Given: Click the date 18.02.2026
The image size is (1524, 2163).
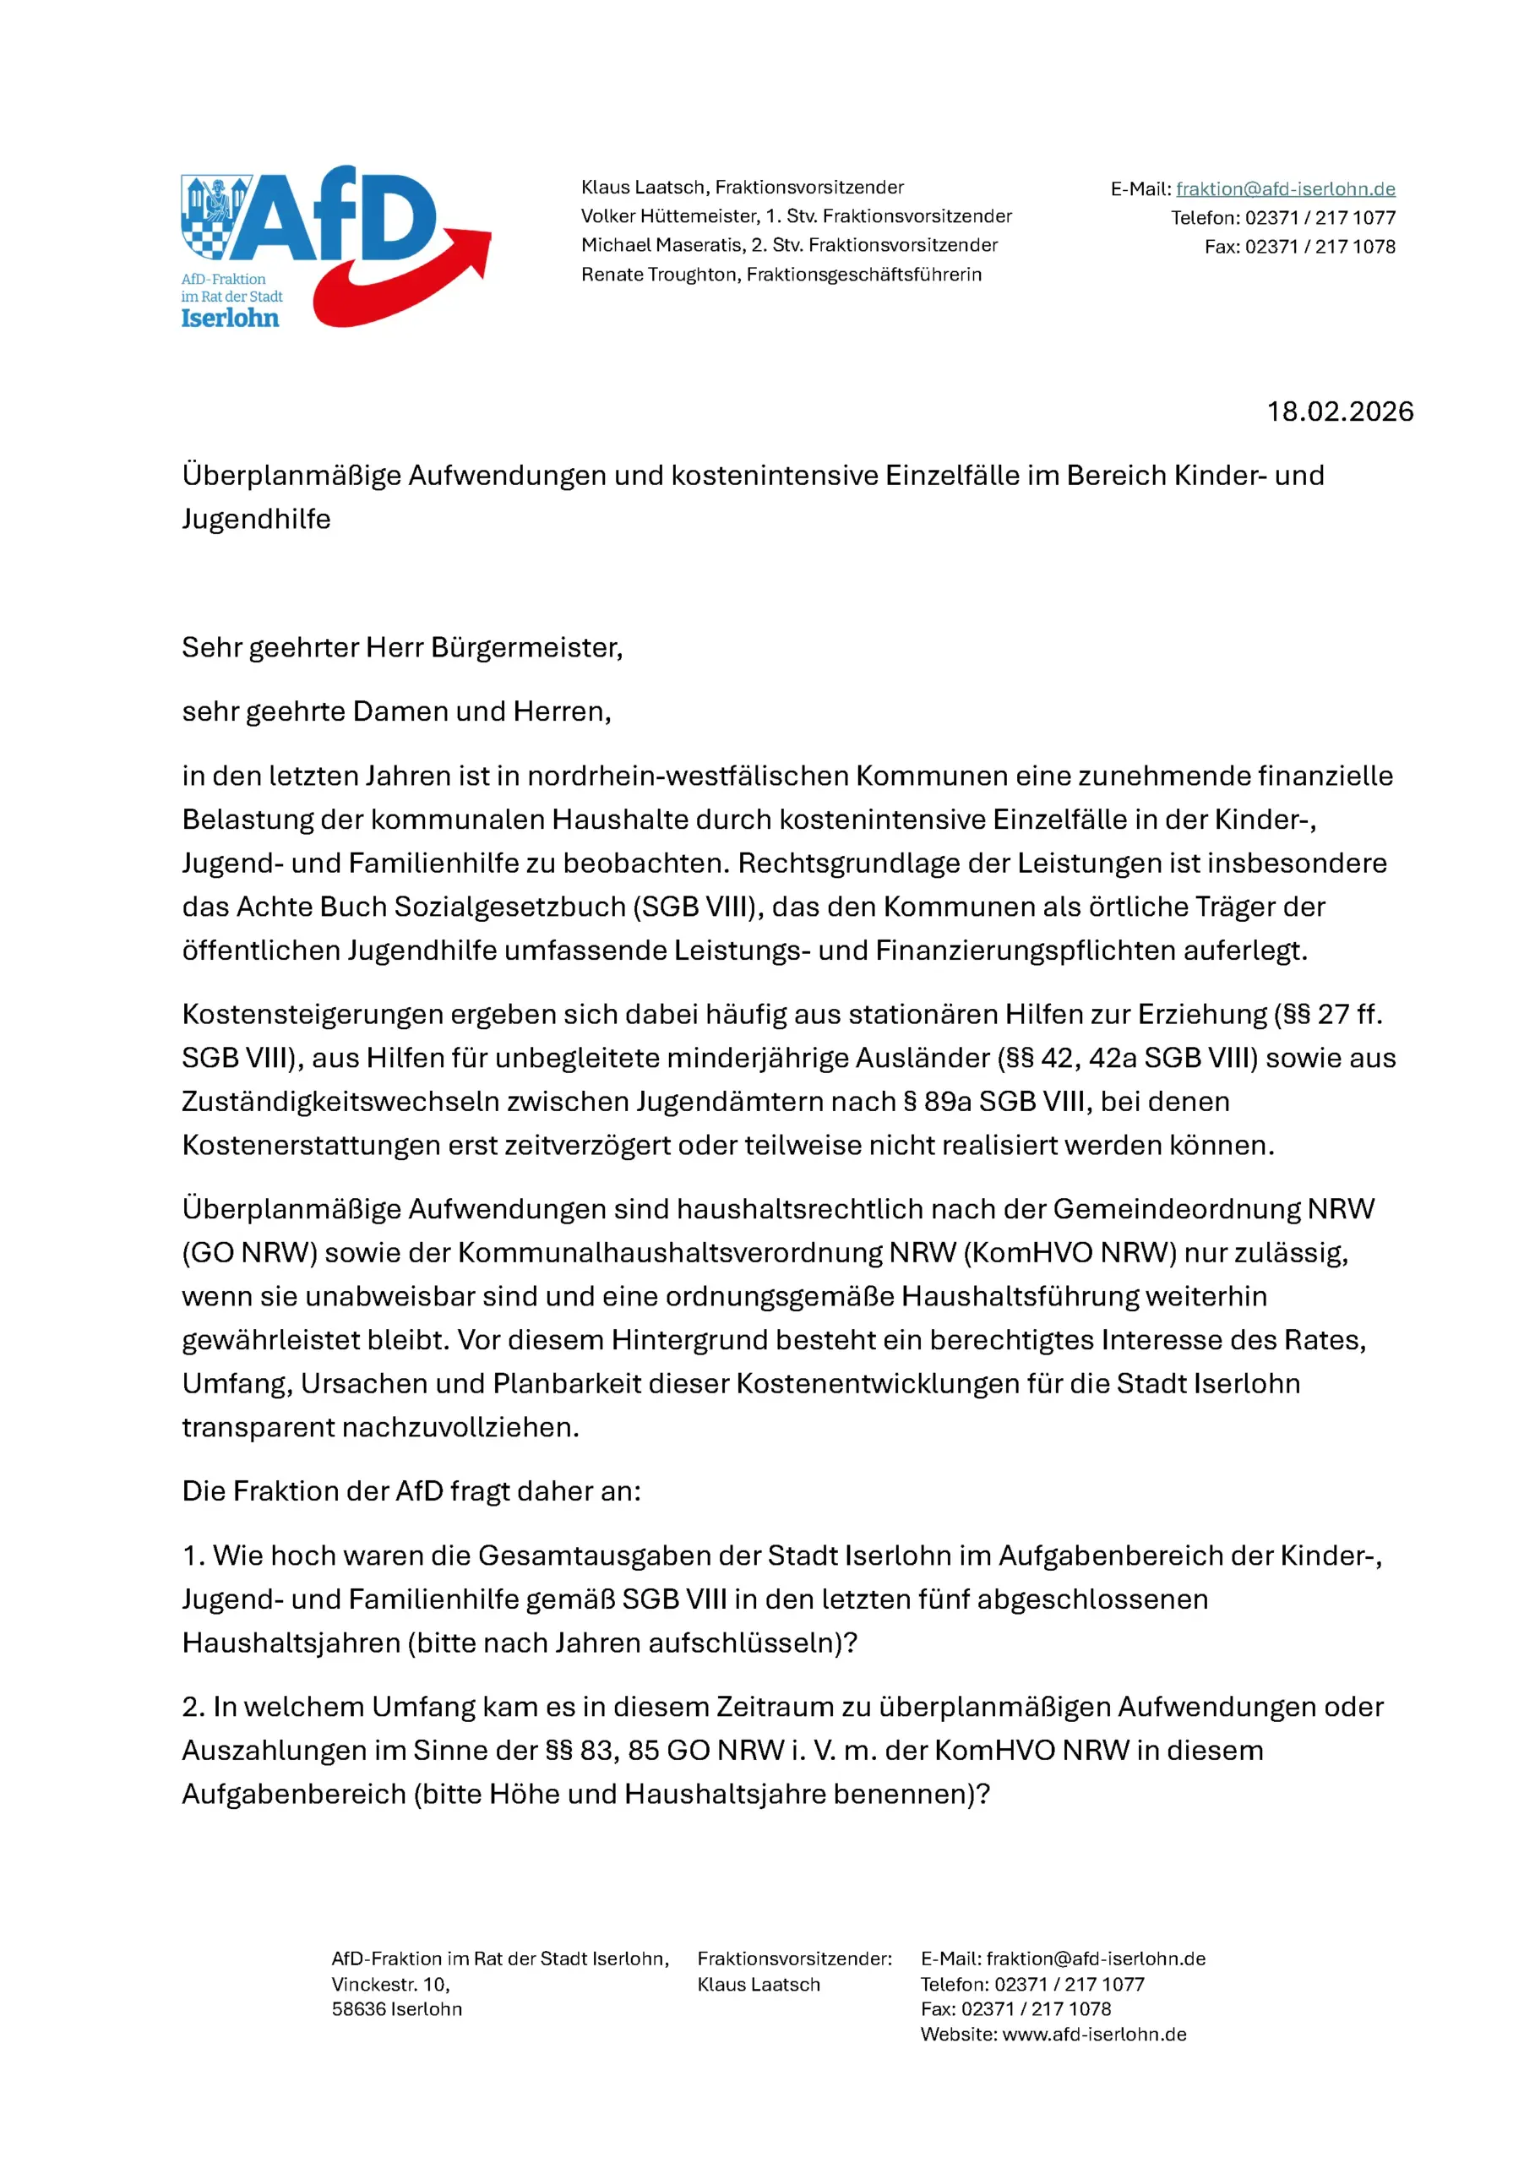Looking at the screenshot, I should [1338, 411].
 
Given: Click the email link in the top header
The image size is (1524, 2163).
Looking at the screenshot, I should [1285, 188].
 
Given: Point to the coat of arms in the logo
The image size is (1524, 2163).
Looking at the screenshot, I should [215, 215].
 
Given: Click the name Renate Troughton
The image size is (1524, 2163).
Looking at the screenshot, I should [658, 274].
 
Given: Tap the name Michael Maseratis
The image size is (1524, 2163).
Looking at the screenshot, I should [661, 245].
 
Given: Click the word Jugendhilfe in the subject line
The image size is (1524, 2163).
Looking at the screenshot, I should [256, 519].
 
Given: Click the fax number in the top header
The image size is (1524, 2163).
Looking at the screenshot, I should [1320, 247].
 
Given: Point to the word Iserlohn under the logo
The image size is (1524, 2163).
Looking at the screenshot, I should [230, 319].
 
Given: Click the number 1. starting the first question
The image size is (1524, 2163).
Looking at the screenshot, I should [193, 1556].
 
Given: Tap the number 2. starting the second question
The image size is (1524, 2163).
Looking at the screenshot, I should [193, 1707].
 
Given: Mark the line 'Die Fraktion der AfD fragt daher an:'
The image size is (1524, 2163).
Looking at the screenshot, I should [411, 1491].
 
